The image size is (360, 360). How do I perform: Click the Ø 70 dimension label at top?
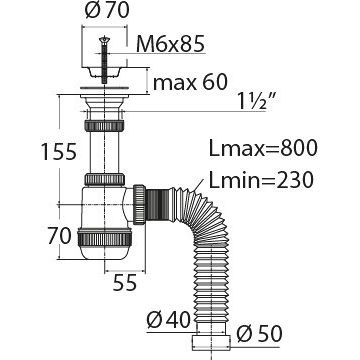click(x=107, y=11)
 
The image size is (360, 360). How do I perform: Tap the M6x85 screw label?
click(x=170, y=44)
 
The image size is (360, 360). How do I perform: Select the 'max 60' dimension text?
click(x=190, y=82)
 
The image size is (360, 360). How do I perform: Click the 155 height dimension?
click(x=59, y=151)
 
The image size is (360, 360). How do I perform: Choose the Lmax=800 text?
click(x=263, y=148)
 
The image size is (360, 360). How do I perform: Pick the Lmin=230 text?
click(x=261, y=180)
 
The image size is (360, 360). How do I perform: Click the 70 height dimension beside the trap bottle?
click(x=59, y=236)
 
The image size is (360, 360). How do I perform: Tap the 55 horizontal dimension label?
click(x=125, y=283)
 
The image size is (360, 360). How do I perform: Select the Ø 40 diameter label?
click(x=168, y=320)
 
